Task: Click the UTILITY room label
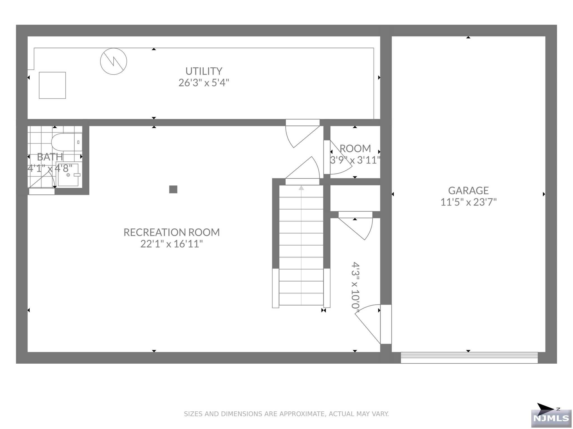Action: [204, 71]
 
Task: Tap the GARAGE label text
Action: [468, 190]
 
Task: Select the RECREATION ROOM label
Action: [172, 232]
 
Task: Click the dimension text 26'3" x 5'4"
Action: [204, 83]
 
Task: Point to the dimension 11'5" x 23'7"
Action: [468, 202]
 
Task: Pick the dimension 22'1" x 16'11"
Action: [172, 244]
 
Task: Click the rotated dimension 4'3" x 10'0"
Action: [355, 285]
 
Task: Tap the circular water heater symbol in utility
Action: [114, 61]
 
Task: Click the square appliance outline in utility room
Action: [52, 85]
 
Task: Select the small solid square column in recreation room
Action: [173, 189]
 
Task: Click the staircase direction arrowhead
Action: [301, 188]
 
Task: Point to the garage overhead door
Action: [469, 358]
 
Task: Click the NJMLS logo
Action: [551, 418]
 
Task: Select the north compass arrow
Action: [545, 409]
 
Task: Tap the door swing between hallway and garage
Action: [368, 324]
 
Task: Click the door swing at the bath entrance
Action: [42, 180]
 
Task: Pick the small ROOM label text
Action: [355, 148]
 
